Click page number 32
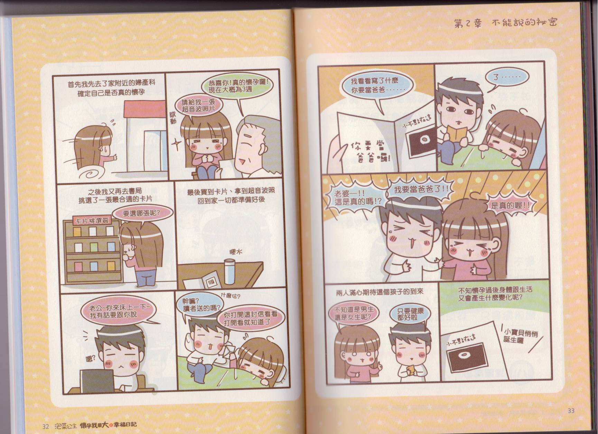tap(45, 426)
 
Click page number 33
tap(571, 410)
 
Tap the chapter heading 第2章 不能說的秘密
tap(505, 23)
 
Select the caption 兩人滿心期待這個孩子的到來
tap(380, 292)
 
